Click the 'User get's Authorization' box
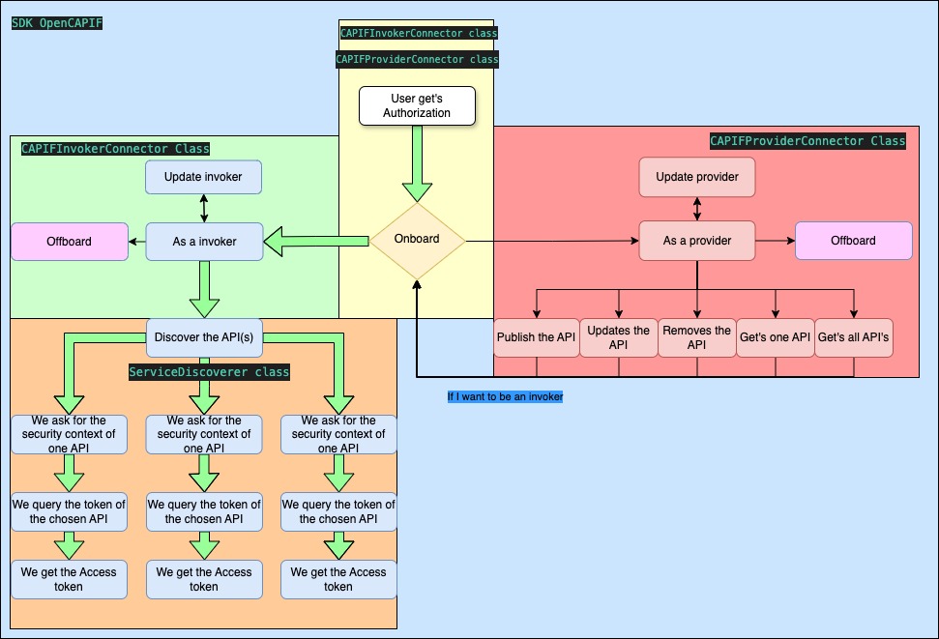click(417, 105)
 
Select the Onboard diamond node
click(417, 240)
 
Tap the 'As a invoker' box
click(204, 242)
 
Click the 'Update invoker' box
click(204, 177)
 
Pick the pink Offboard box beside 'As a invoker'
click(70, 242)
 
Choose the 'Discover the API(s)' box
click(204, 337)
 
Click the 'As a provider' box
click(697, 241)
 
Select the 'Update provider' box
click(697, 177)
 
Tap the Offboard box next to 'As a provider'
click(853, 241)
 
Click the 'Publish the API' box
click(536, 338)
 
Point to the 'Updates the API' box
click(619, 337)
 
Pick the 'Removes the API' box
click(696, 337)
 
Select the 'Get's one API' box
click(775, 338)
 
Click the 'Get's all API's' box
click(854, 338)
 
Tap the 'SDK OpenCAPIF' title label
click(57, 22)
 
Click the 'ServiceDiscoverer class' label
click(209, 371)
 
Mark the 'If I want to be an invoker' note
click(505, 396)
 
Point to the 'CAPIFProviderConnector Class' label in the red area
click(807, 141)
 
